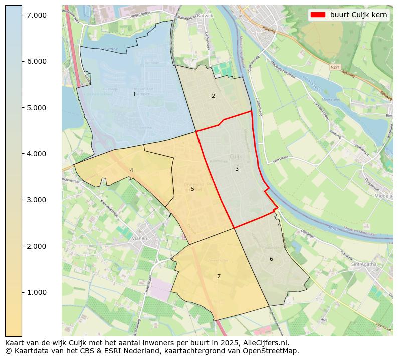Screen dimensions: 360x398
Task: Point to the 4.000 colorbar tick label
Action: pos(37,154)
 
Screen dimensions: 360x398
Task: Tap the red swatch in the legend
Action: pos(318,15)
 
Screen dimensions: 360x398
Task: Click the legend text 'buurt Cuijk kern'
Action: pos(358,15)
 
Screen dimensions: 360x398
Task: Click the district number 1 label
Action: pos(134,94)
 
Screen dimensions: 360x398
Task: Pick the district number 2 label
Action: pos(213,96)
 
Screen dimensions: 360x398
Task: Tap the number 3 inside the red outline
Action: pos(237,169)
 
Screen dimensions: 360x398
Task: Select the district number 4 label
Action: pos(131,170)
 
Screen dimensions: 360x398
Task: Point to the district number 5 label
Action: pos(192,189)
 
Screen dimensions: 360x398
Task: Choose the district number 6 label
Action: pos(271,259)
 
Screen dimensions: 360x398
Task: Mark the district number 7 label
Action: pos(219,276)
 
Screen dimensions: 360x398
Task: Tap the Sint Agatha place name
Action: pos(363,264)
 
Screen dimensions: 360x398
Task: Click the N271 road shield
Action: pos(335,66)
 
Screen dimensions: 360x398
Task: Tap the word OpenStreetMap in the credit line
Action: pos(274,351)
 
